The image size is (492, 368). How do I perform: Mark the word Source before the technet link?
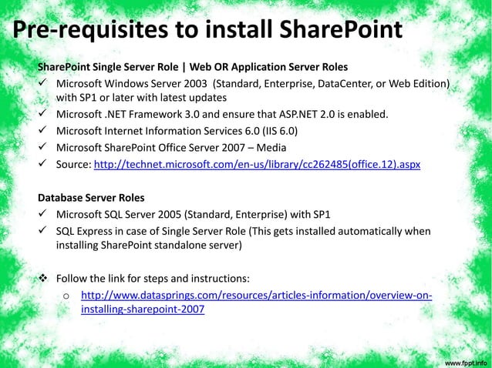tap(72, 164)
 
